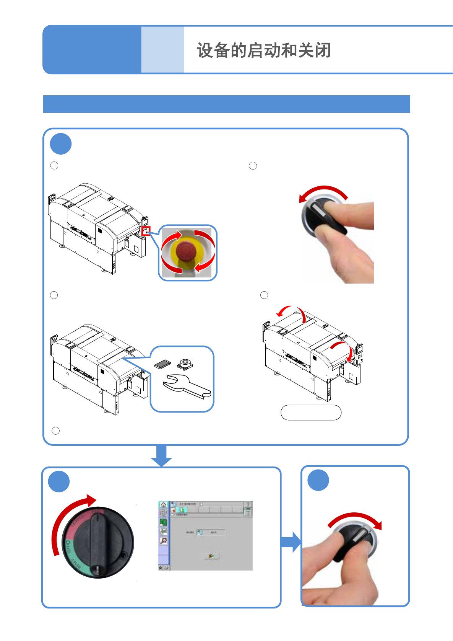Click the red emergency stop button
[186, 251]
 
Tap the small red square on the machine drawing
[146, 231]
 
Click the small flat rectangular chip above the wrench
[162, 364]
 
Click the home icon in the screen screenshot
[163, 505]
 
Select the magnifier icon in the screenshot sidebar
[164, 540]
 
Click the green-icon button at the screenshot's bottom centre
[211, 556]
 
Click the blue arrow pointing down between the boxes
[161, 456]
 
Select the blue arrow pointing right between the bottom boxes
[291, 542]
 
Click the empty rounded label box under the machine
[311, 413]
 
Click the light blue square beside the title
[162, 50]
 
